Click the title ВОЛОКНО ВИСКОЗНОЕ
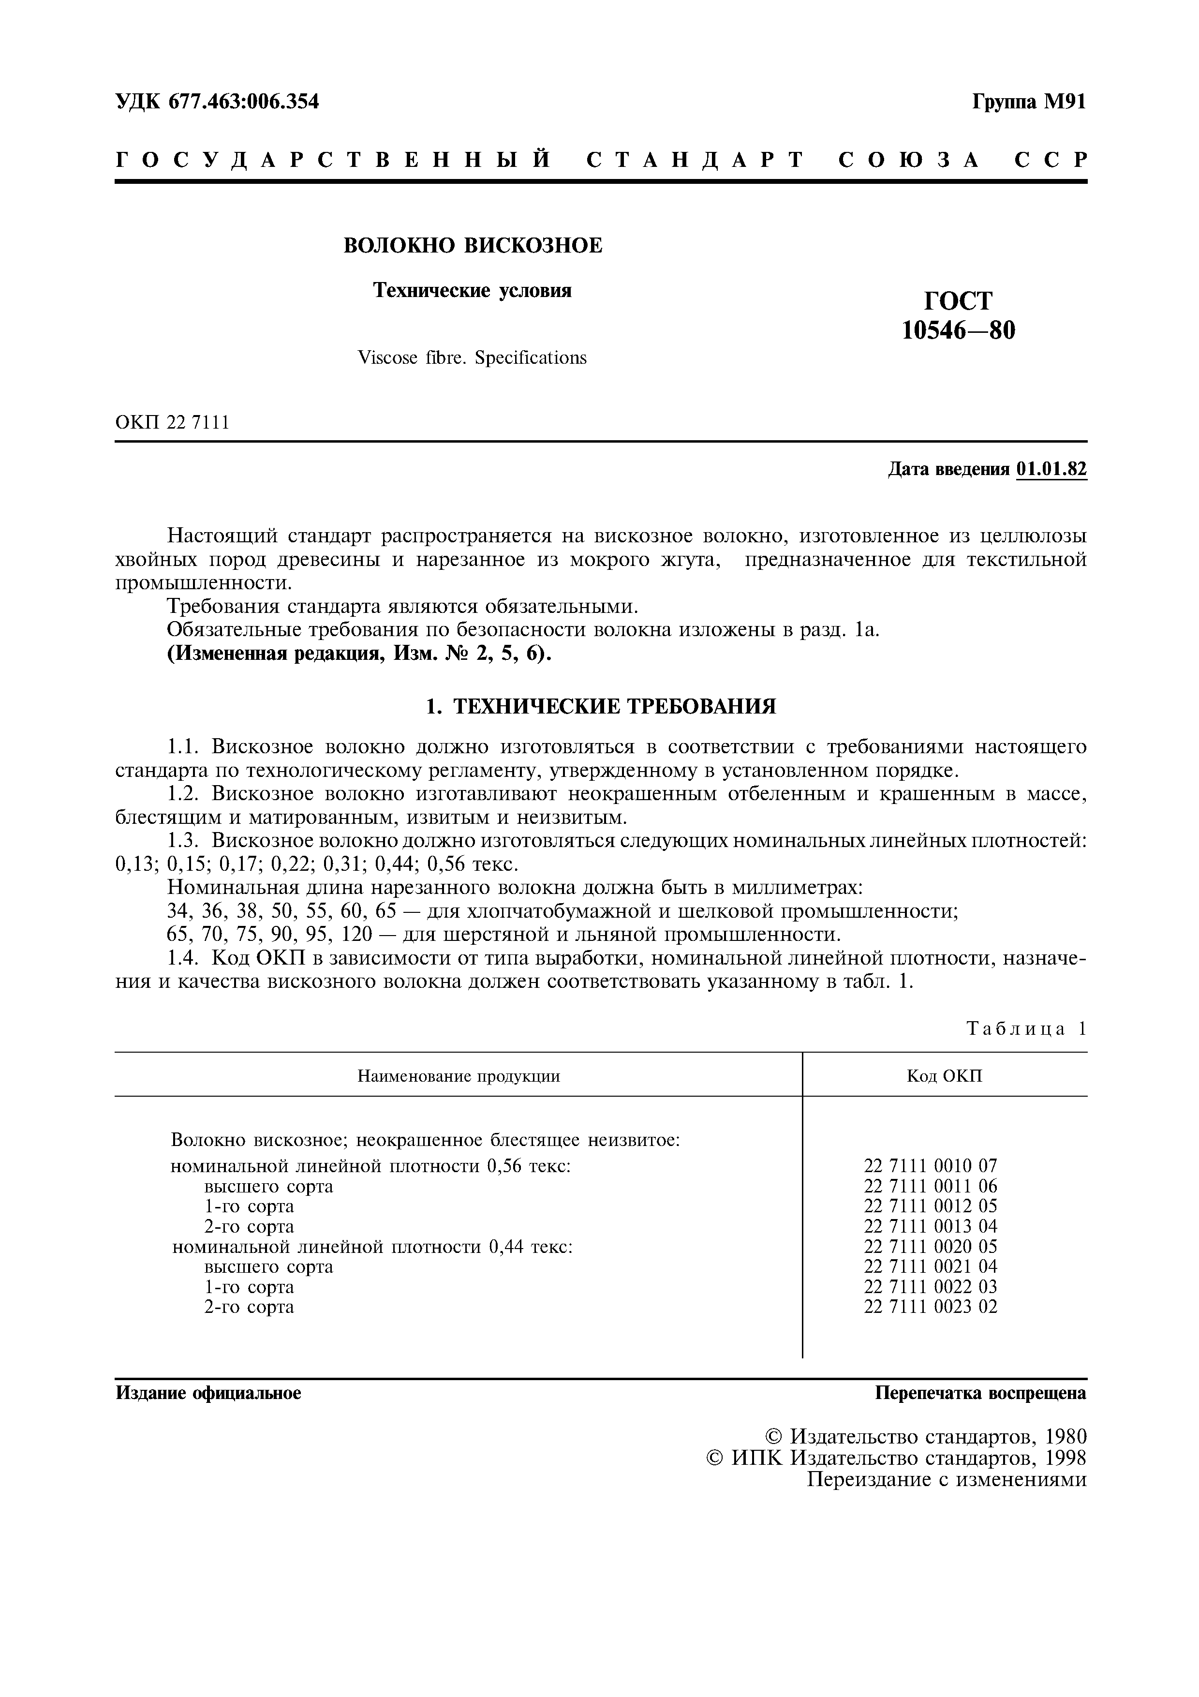click(x=473, y=245)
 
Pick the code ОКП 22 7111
click(x=172, y=423)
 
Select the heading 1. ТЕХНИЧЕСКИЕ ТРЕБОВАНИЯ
click(x=601, y=707)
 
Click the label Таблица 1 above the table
click(x=1026, y=1029)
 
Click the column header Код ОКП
click(x=944, y=1076)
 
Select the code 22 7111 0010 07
click(x=930, y=1166)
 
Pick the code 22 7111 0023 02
click(x=930, y=1307)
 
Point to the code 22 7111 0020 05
click(x=930, y=1247)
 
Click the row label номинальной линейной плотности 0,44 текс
click(x=372, y=1248)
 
